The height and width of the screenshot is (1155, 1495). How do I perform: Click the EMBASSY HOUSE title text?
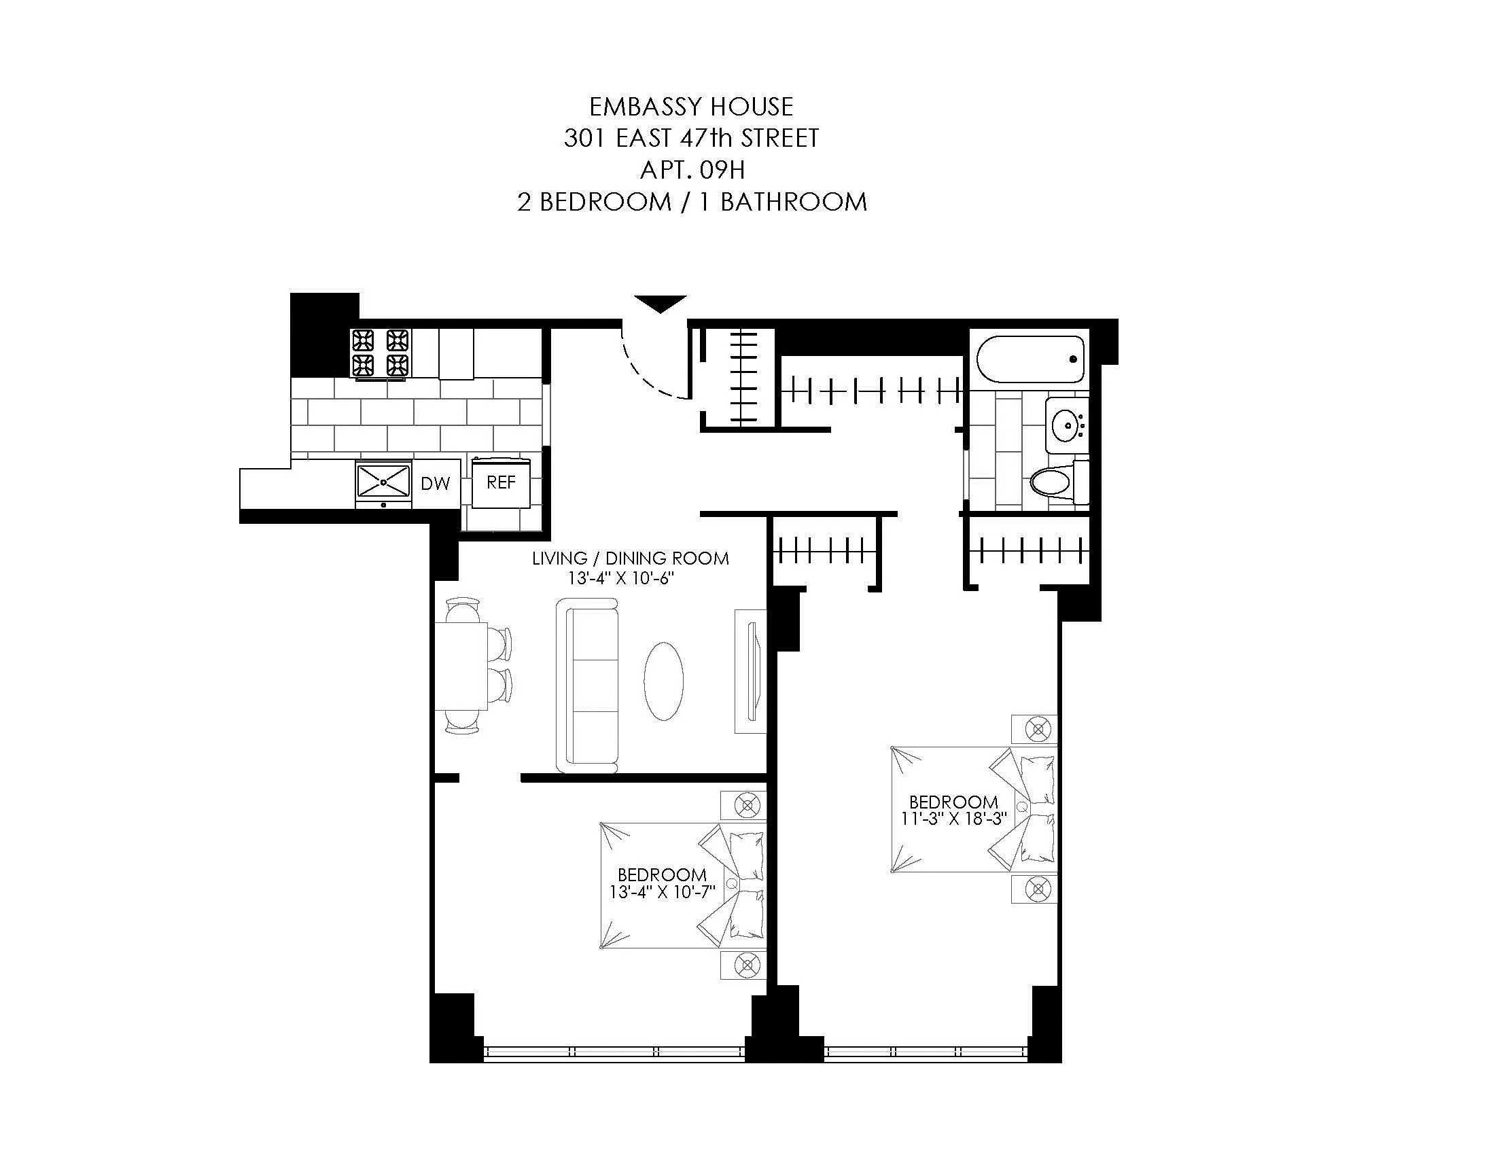click(x=690, y=107)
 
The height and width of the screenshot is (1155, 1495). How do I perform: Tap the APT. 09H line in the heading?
click(x=691, y=170)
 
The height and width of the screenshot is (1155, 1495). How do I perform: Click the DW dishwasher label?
click(x=436, y=484)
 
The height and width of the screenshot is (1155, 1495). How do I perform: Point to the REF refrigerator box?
click(x=501, y=483)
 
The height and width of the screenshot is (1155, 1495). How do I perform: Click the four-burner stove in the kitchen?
click(x=380, y=353)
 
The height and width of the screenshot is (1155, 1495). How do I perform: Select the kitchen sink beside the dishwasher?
click(x=383, y=482)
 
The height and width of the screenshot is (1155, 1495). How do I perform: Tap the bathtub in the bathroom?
click(x=1030, y=359)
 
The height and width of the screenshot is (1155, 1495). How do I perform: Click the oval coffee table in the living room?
click(x=663, y=681)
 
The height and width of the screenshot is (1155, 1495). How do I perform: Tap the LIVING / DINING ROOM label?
click(x=631, y=558)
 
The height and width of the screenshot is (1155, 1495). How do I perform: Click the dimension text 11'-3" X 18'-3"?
click(x=953, y=819)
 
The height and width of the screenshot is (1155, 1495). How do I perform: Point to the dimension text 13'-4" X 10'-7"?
click(x=662, y=892)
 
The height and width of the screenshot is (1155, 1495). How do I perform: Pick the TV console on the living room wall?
click(x=750, y=671)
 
